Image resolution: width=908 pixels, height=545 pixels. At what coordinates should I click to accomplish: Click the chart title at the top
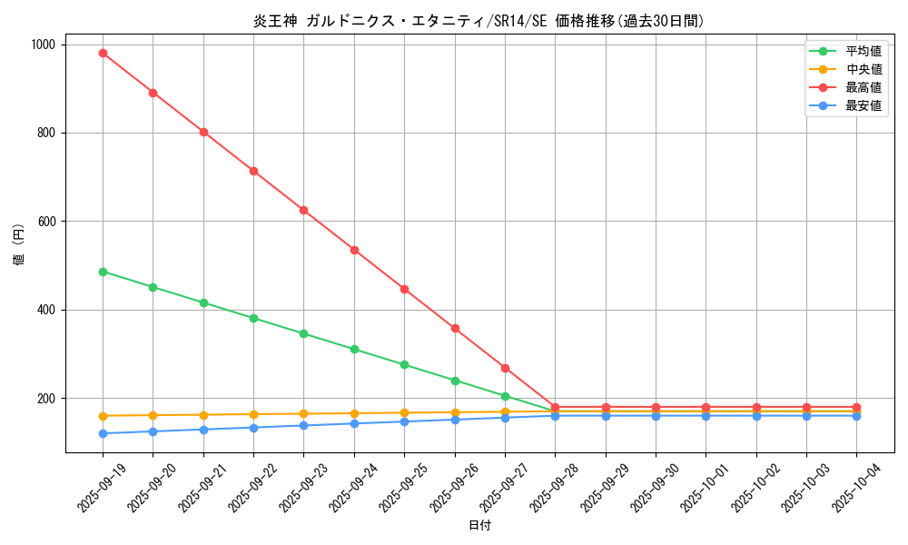coord(479,21)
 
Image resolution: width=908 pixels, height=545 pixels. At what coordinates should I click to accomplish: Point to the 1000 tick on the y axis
coord(43,45)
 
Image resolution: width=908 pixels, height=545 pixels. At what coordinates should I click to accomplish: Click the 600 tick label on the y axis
coord(45,222)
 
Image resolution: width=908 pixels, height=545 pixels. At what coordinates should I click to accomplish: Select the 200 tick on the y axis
coord(45,399)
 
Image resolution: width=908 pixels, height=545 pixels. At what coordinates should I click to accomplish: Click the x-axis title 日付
coord(479,526)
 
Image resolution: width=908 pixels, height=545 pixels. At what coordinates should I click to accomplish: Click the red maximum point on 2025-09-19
coord(103,53)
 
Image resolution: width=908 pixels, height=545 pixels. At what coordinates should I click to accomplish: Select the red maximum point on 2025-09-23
coord(303,210)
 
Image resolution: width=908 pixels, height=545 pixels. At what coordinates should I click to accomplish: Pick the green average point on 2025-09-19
coord(103,272)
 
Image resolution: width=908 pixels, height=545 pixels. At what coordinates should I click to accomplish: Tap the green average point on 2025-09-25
coord(404,364)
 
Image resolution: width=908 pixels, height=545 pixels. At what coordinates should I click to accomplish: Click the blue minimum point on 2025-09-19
coord(103,433)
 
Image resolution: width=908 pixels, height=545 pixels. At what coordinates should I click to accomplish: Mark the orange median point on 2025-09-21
coord(203,415)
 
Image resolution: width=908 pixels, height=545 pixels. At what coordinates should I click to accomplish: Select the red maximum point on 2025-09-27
coord(505,368)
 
